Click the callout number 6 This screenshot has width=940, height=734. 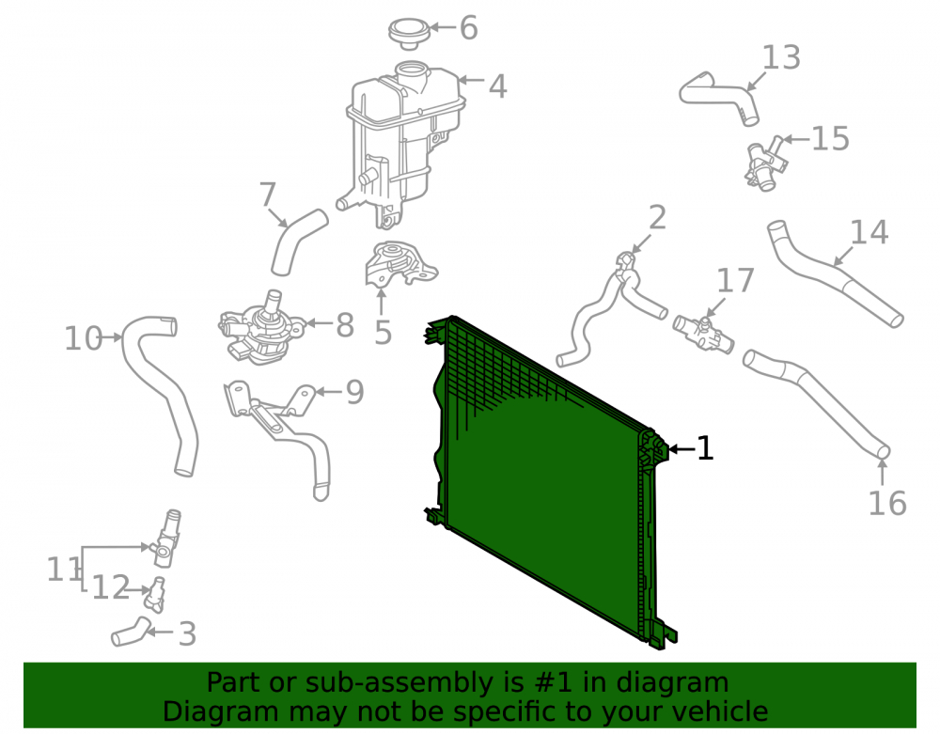pyautogui.click(x=469, y=28)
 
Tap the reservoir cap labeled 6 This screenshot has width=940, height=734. pyautogui.click(x=410, y=33)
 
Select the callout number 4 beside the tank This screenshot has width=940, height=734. pyautogui.click(x=497, y=86)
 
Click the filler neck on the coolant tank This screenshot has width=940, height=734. pyautogui.click(x=413, y=77)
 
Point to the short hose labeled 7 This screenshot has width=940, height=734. pyautogui.click(x=299, y=242)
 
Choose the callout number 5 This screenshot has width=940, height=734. pyautogui.click(x=383, y=333)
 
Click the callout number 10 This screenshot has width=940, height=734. pyautogui.click(x=83, y=338)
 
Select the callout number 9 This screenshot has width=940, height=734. pyautogui.click(x=355, y=392)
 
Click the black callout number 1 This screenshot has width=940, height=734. pyautogui.click(x=705, y=448)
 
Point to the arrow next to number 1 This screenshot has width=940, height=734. pyautogui.click(x=681, y=449)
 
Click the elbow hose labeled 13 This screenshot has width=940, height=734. pyautogui.click(x=719, y=96)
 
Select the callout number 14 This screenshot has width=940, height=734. pyautogui.click(x=869, y=232)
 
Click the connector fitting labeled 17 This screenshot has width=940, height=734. pyautogui.click(x=704, y=335)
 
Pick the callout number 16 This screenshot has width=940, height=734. pyautogui.click(x=887, y=503)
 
